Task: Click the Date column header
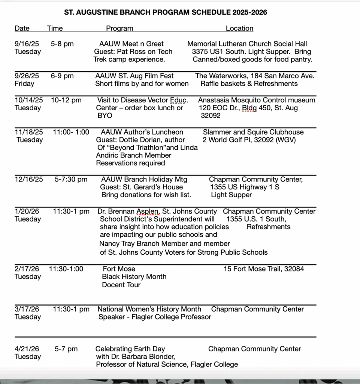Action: click(x=22, y=28)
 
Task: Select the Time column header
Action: click(x=55, y=28)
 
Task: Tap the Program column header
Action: click(x=120, y=28)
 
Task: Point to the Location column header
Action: click(x=239, y=28)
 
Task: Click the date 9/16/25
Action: click(x=27, y=44)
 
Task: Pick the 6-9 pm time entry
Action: click(x=62, y=76)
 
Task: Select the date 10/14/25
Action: click(x=29, y=100)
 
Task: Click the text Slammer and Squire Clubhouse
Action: click(x=253, y=132)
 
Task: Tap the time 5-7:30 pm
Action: click(x=71, y=179)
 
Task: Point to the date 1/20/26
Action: click(x=27, y=211)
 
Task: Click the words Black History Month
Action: click(x=134, y=277)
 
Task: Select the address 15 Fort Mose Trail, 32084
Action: click(x=264, y=269)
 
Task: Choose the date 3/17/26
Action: click(x=27, y=309)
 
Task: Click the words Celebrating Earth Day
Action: click(x=130, y=349)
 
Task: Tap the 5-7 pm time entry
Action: click(x=66, y=349)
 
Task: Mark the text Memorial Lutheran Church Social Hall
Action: click(x=247, y=44)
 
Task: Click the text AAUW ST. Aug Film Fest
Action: click(x=134, y=76)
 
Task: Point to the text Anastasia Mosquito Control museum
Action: click(x=257, y=100)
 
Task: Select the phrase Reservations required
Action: click(x=130, y=163)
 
